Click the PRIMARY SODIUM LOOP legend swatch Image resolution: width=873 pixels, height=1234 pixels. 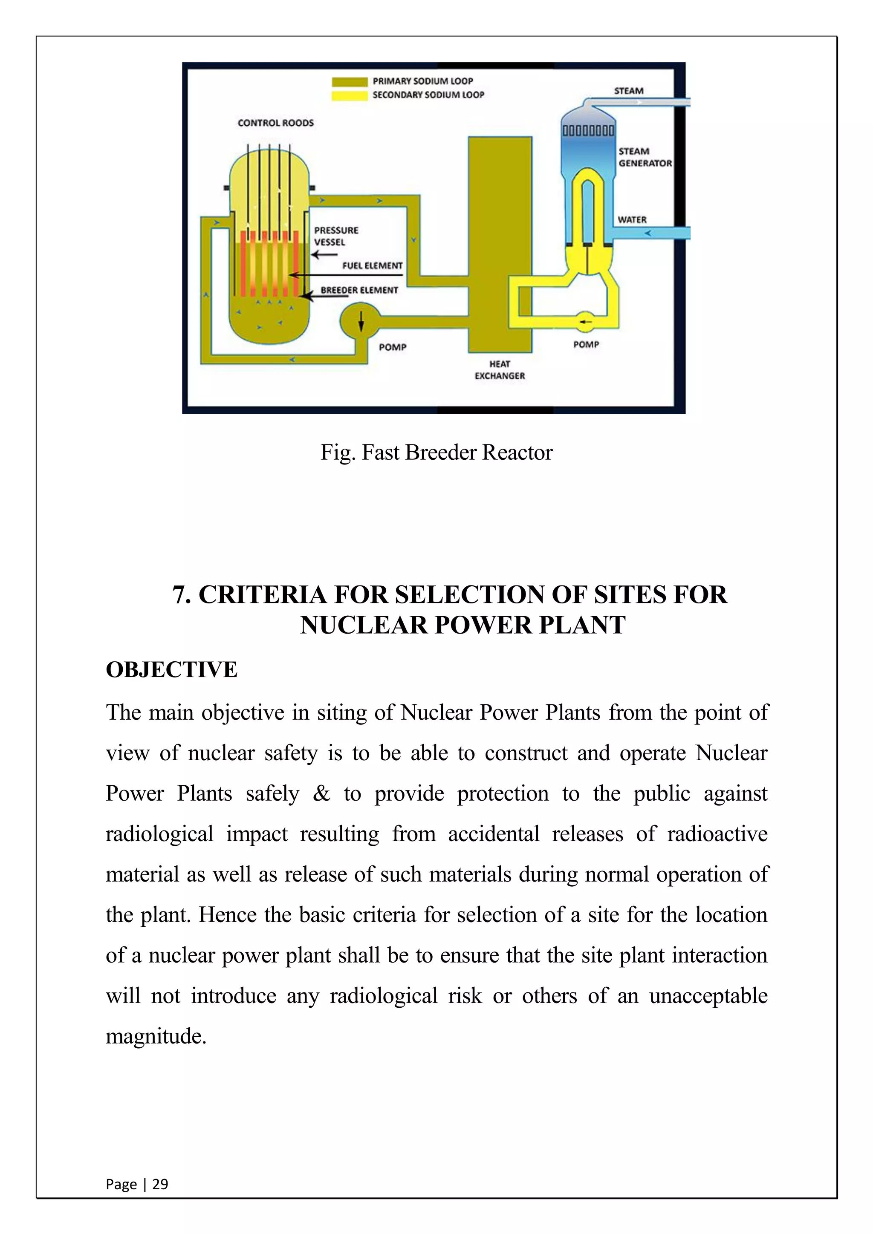349,82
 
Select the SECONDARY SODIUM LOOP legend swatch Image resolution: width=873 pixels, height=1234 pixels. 349,96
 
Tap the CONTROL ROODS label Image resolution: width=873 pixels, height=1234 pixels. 276,123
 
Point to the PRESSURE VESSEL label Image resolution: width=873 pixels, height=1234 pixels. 336,236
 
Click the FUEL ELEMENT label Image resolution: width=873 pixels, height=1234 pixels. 372,265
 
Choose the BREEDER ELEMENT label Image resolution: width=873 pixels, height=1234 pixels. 359,290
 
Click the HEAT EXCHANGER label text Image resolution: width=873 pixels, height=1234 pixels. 500,370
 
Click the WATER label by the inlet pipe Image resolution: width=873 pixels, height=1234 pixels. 632,220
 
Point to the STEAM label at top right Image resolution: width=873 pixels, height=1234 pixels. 628,91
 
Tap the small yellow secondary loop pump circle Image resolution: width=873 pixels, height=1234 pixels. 584,321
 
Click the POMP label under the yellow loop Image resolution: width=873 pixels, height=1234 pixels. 586,345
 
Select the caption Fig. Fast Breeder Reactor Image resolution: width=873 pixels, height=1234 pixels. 436,453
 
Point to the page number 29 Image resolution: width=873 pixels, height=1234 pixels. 160,1184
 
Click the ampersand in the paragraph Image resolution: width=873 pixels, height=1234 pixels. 321,793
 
